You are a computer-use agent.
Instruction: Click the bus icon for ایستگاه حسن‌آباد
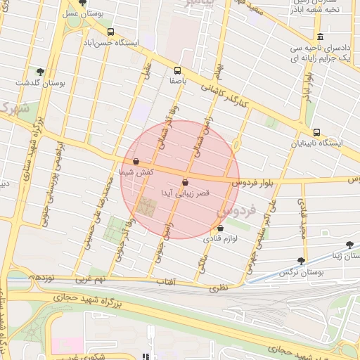click(x=110, y=32)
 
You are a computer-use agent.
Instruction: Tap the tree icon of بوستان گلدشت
click(x=40, y=71)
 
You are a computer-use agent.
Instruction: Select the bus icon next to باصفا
click(x=177, y=70)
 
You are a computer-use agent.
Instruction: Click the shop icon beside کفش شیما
click(x=136, y=161)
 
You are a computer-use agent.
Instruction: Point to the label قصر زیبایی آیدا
click(x=184, y=192)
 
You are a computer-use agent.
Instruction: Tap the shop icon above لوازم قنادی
click(x=221, y=229)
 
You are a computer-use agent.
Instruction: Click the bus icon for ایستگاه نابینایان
click(x=316, y=132)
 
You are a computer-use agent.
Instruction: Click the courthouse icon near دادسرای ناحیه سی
click(x=321, y=37)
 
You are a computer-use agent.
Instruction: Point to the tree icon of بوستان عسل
click(x=82, y=3)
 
